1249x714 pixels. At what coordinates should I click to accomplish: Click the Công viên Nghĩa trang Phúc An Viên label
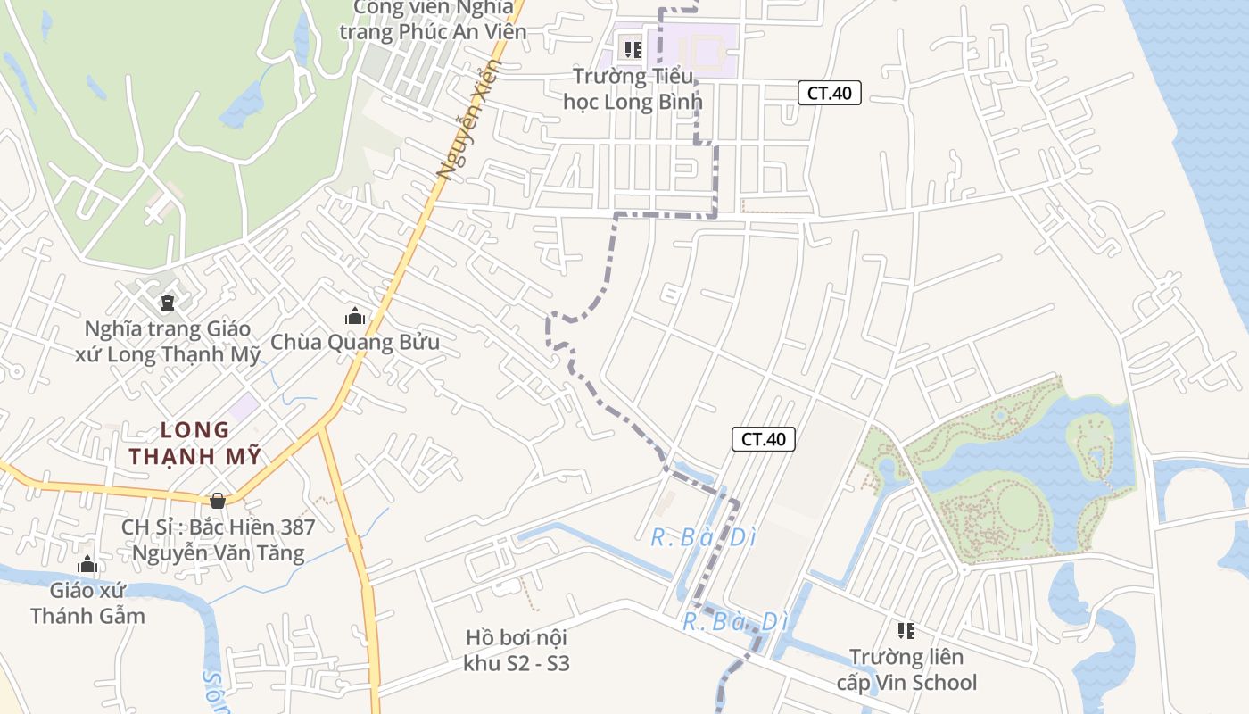point(433,20)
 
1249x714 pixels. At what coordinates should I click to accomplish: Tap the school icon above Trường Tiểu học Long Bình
point(633,50)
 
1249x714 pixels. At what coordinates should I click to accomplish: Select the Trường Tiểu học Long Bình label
point(633,88)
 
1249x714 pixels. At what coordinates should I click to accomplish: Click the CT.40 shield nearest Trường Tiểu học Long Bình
point(829,93)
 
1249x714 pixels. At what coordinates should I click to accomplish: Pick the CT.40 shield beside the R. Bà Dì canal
point(764,439)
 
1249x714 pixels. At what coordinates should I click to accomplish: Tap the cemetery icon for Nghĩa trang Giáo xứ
point(168,301)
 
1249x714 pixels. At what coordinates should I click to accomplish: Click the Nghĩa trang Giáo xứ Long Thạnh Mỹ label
point(168,342)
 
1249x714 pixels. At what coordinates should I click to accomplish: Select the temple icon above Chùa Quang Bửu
point(355,316)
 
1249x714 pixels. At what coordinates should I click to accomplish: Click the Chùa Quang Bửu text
point(355,342)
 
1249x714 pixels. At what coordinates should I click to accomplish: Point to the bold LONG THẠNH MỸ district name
point(194,444)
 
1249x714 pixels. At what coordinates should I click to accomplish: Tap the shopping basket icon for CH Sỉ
point(218,501)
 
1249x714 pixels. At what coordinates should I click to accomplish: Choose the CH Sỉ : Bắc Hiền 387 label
point(218,540)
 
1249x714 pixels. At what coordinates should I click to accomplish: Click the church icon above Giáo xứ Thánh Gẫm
point(87,564)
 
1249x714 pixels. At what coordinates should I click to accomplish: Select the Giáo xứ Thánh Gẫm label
point(87,602)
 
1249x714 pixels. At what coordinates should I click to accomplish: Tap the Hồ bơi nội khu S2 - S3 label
point(517,651)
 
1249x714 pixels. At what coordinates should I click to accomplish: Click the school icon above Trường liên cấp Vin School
point(906,632)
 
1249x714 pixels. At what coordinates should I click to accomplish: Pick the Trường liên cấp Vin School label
point(906,670)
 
